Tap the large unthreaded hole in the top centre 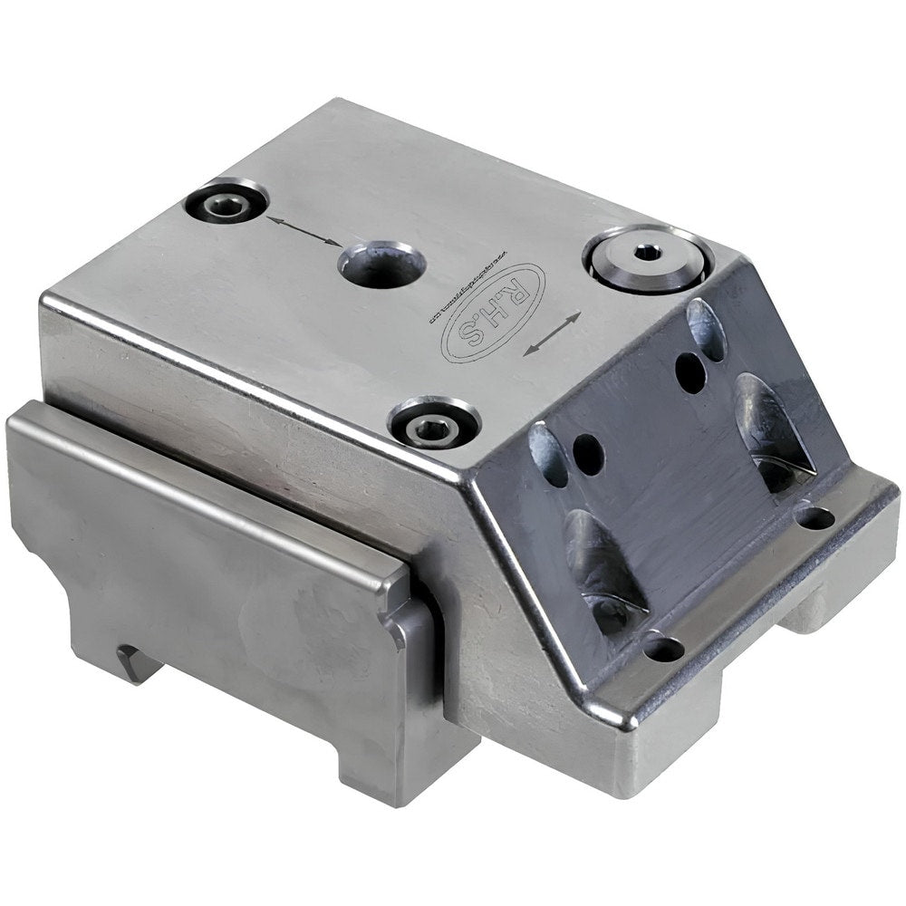point(381,264)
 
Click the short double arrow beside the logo point(552,334)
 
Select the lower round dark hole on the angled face point(588,453)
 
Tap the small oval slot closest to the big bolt point(708,329)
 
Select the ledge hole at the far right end point(816,517)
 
